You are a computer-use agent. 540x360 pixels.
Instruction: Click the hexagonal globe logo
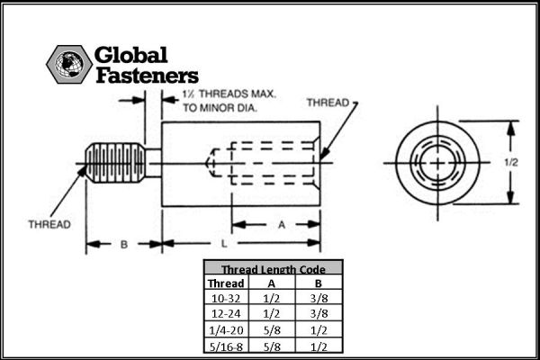[x=69, y=64]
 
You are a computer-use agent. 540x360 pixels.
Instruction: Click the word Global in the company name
[x=130, y=55]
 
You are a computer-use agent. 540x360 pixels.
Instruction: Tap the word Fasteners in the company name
[x=147, y=76]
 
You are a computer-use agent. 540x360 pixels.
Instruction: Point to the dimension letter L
[x=224, y=244]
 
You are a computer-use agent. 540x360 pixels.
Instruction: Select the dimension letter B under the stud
[x=124, y=244]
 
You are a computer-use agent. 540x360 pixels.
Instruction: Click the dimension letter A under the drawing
[x=282, y=225]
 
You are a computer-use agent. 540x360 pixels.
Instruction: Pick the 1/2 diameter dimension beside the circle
[x=511, y=162]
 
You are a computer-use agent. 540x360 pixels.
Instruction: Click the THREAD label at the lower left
[x=49, y=224]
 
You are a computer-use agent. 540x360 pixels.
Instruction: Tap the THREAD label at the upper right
[x=328, y=103]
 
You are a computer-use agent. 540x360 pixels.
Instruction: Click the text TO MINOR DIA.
[x=220, y=108]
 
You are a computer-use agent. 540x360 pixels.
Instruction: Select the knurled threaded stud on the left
[x=115, y=163]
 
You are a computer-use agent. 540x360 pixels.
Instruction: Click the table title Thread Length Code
[x=273, y=269]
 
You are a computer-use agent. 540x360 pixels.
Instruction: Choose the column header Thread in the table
[x=226, y=283]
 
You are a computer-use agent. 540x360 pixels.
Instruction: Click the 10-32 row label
[x=226, y=298]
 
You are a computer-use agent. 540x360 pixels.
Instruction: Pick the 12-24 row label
[x=226, y=314]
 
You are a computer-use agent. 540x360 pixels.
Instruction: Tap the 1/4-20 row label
[x=226, y=330]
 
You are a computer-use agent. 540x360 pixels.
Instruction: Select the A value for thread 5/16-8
[x=272, y=346]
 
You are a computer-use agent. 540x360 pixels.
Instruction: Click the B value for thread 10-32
[x=319, y=298]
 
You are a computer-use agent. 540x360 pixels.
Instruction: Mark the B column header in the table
[x=319, y=283]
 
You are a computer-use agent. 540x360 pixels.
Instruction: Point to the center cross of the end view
[x=437, y=163]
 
